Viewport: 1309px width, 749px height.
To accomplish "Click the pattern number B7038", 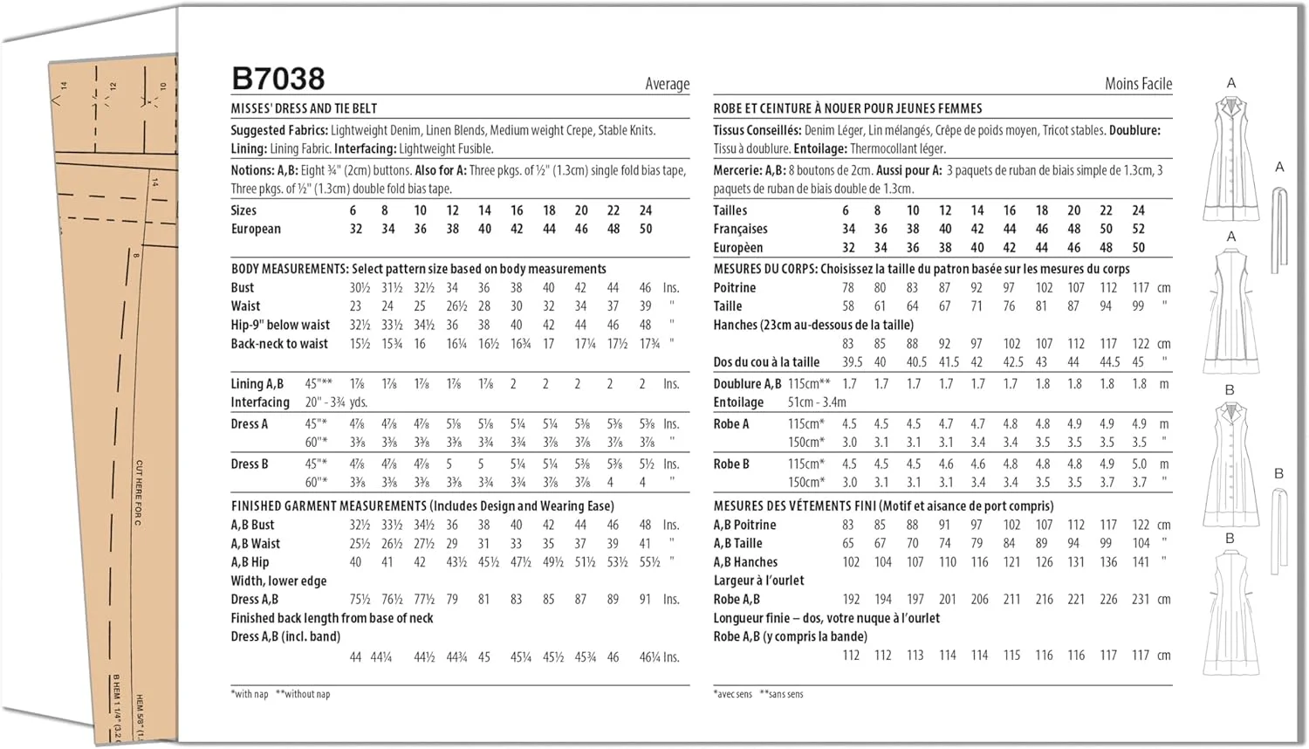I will click(x=278, y=79).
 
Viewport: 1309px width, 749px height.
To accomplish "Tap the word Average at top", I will click(x=667, y=84).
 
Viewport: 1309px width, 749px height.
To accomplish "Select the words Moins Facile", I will click(x=1138, y=84).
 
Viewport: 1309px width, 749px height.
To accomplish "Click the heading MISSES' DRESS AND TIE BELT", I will click(x=304, y=108).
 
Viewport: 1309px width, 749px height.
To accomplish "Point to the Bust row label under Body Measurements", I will click(x=243, y=287).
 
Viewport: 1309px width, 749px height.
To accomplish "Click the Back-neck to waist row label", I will click(x=279, y=344).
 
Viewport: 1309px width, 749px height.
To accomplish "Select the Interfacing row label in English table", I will click(x=260, y=402).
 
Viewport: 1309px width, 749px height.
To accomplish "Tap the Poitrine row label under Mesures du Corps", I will click(x=735, y=287).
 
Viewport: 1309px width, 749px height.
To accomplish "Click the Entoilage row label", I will click(x=738, y=402).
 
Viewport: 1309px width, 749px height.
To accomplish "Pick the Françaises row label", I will click(x=740, y=229).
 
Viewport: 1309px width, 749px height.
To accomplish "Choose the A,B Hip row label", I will click(x=250, y=562).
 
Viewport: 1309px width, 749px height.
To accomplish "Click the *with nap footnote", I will click(x=250, y=694).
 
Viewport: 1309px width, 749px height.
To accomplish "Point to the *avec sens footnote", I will click(x=733, y=694).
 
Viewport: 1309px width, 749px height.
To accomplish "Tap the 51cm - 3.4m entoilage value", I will click(x=817, y=402).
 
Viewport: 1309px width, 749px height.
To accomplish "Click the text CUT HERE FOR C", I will click(x=139, y=492).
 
